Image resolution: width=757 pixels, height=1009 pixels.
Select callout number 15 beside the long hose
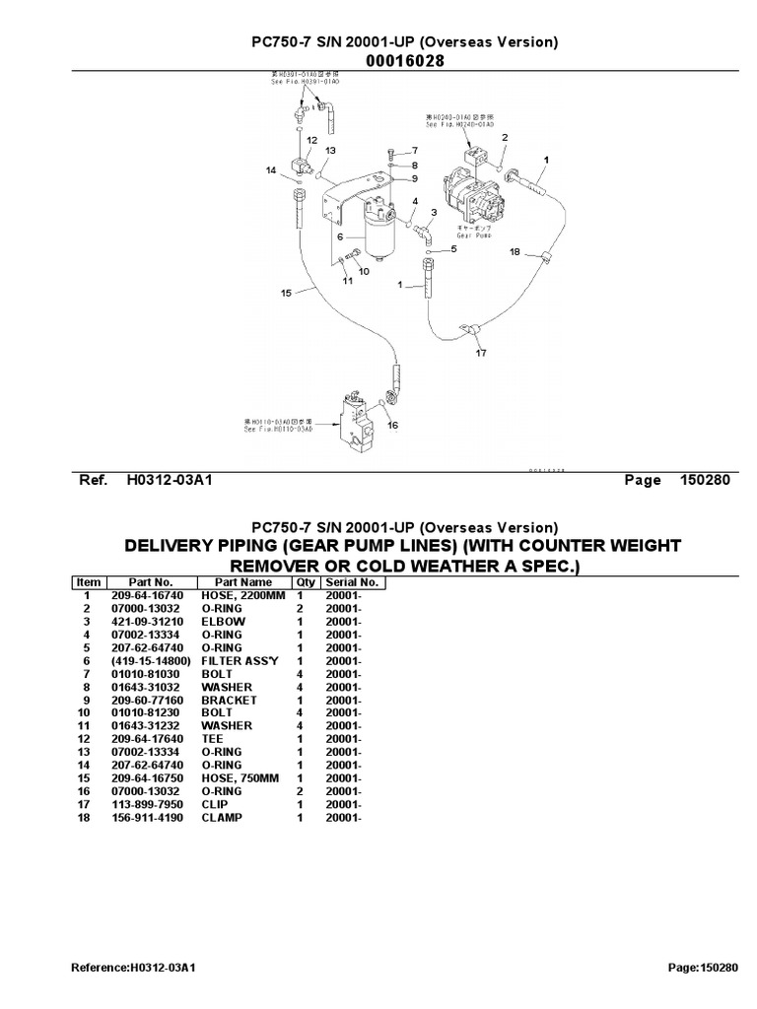pyautogui.click(x=286, y=293)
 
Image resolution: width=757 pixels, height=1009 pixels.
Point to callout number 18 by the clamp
pyautogui.click(x=514, y=251)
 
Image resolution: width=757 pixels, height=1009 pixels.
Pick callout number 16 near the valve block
pyautogui.click(x=391, y=426)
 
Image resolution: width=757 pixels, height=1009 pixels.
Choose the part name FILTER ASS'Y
pyautogui.click(x=234, y=661)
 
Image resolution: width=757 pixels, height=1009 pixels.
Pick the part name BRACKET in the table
pyautogui.click(x=229, y=700)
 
